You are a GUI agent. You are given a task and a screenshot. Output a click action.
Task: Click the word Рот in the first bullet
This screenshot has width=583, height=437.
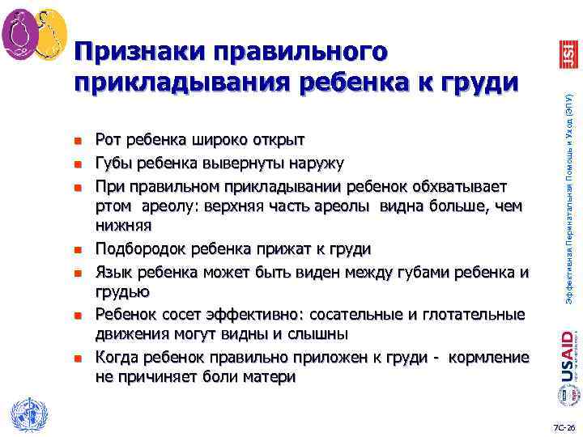[106, 142]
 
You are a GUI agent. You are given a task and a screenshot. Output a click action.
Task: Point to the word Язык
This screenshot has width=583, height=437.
[113, 271]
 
